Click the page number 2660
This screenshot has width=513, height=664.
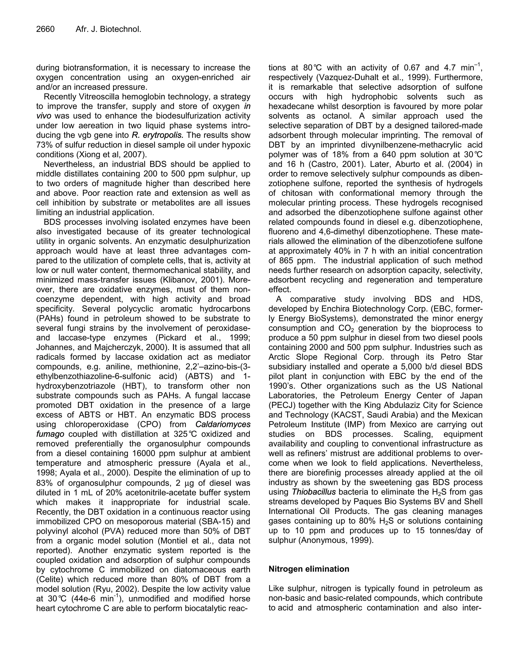click(x=45, y=29)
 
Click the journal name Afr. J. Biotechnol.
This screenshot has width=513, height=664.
click(x=108, y=29)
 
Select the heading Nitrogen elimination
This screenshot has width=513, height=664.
click(x=309, y=569)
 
